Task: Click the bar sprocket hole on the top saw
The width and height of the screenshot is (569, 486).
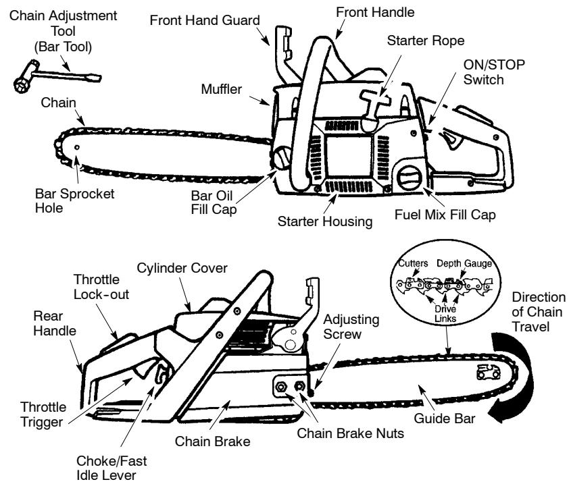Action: click(78, 146)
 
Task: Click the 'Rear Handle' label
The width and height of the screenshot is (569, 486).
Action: click(41, 323)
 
